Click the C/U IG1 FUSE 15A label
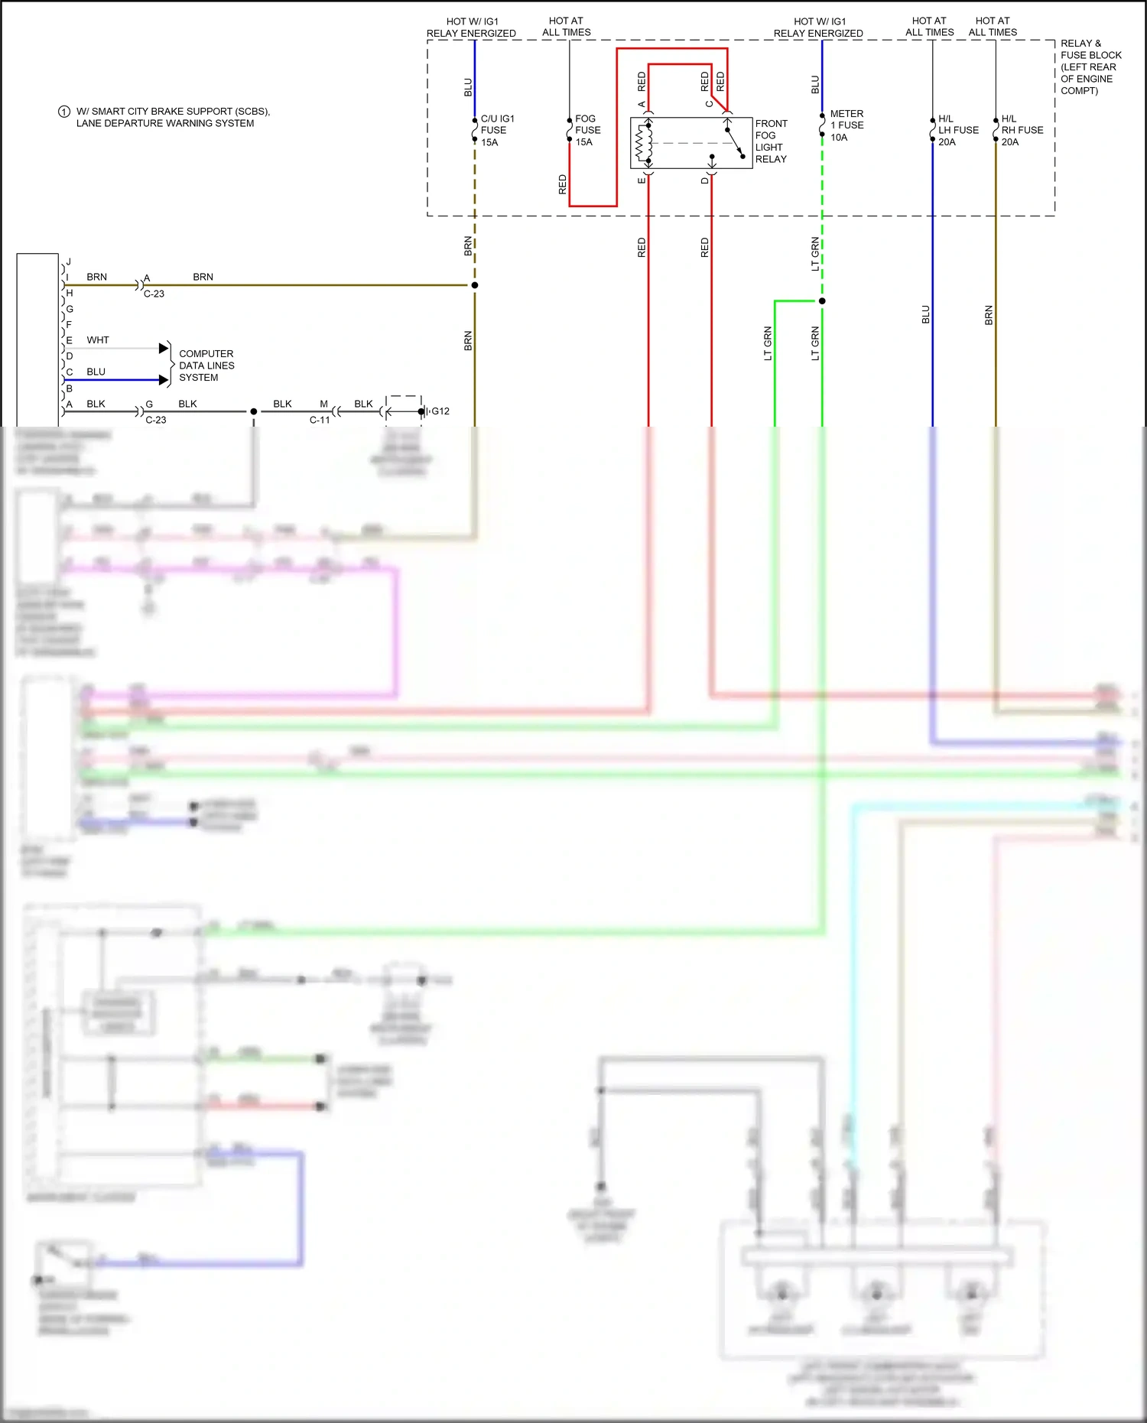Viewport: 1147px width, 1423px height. pos(496,131)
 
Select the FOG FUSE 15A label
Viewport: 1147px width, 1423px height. pos(586,131)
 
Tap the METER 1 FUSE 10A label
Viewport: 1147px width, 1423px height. pos(846,125)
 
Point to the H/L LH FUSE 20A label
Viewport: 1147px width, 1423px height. pos(957,131)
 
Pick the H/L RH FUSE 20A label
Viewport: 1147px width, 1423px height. pos(1021,131)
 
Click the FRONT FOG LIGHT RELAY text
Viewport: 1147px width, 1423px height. pos(771,141)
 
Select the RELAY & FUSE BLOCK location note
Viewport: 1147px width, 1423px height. pos(1090,67)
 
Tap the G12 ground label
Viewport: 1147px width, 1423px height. pos(440,411)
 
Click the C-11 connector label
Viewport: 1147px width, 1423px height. pos(320,420)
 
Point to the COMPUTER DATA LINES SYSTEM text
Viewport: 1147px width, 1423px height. pos(206,365)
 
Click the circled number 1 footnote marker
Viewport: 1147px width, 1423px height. pos(64,112)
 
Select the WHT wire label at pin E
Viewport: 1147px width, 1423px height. pos(98,340)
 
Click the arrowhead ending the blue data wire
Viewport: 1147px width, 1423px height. pos(164,380)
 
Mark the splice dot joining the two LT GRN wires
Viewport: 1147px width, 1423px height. pos(822,301)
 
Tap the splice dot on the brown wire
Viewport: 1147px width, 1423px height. pos(475,285)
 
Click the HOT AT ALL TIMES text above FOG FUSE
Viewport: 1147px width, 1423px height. pos(567,27)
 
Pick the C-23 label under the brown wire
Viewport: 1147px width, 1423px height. pos(154,294)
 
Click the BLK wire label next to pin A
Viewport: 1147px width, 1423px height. pos(96,404)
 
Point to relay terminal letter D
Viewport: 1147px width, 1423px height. pos(704,181)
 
